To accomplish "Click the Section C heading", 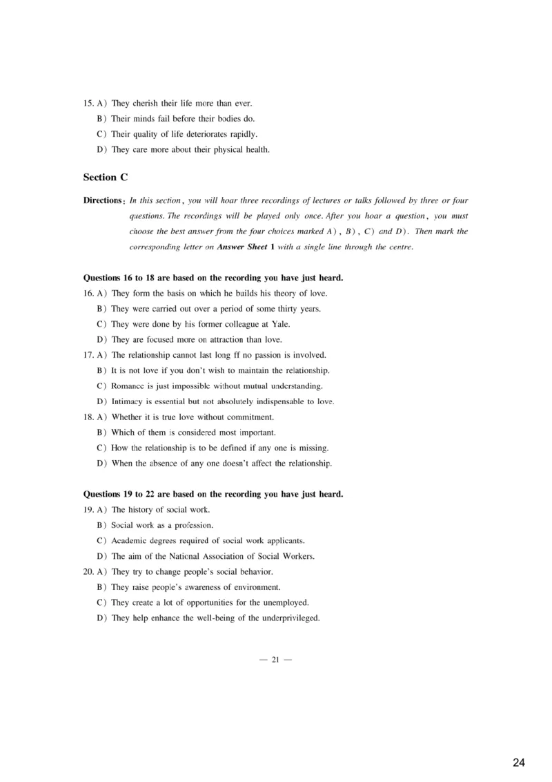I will click(106, 178).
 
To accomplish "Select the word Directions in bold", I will click(103, 201).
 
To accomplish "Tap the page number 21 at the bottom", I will click(275, 660).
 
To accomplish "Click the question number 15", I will click(88, 104).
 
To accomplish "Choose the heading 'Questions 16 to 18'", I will click(213, 278).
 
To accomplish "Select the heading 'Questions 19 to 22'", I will click(213, 495).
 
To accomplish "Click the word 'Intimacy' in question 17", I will click(129, 401).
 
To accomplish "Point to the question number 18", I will click(88, 417).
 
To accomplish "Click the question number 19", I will click(88, 510).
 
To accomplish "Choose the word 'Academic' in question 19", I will click(130, 540).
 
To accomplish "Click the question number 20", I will click(88, 571).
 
